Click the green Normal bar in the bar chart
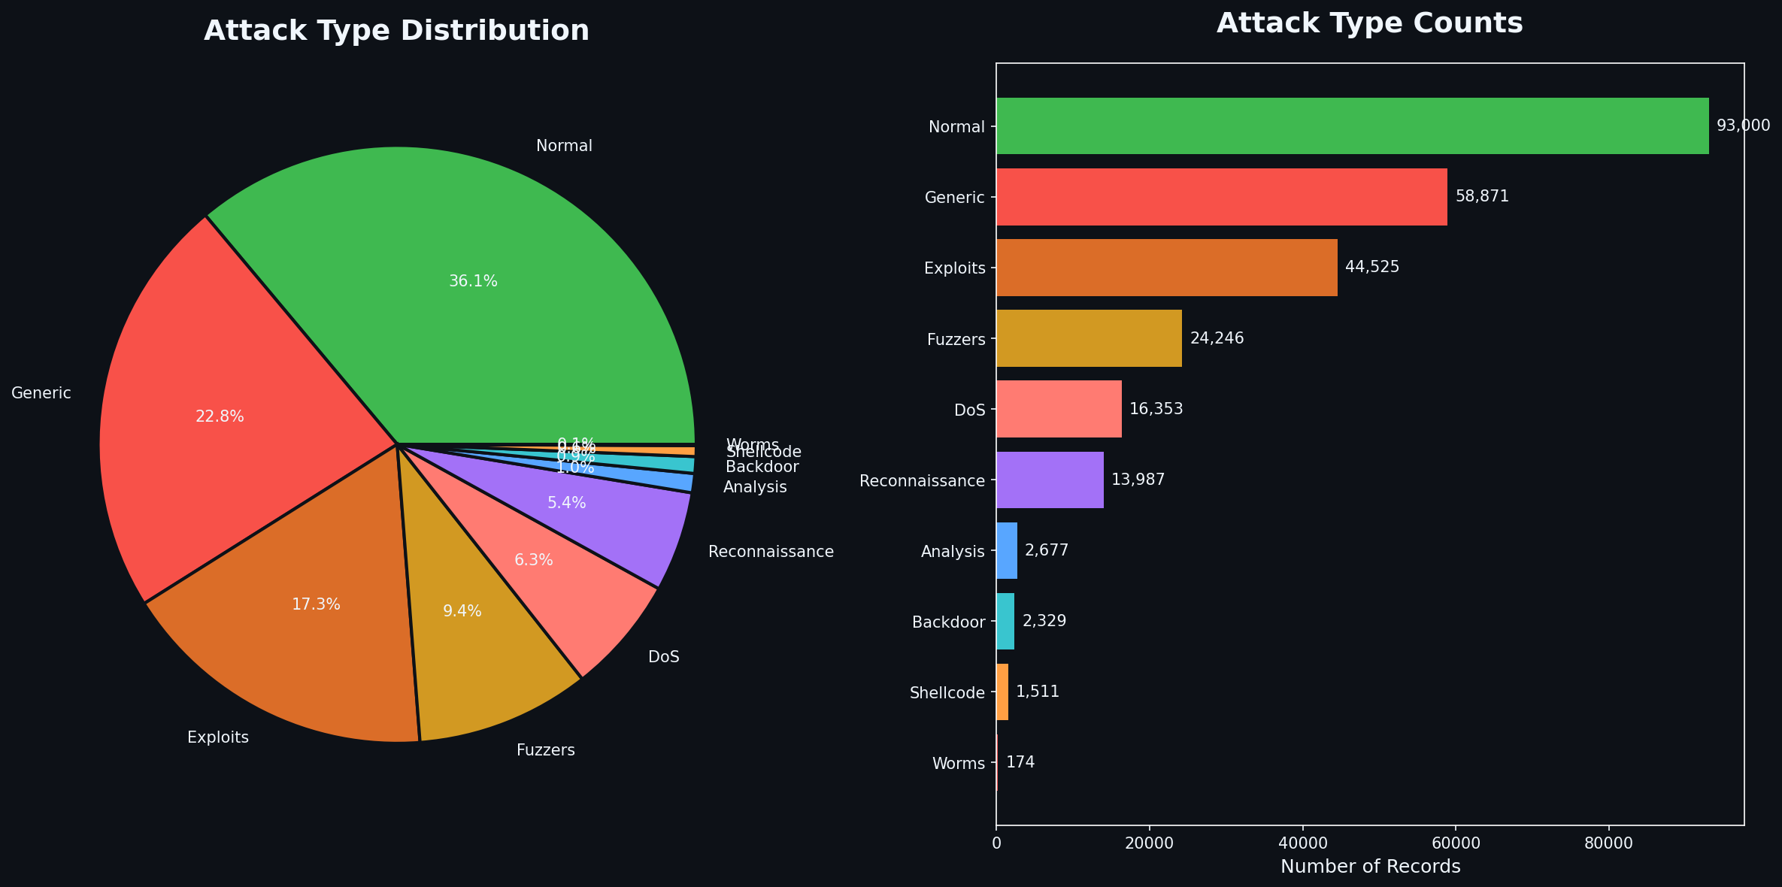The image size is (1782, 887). coord(1352,126)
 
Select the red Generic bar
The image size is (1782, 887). coord(1221,197)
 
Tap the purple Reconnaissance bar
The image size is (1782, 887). coord(1050,480)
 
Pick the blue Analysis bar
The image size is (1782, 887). coord(1007,551)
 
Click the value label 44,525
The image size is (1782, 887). coord(1372,268)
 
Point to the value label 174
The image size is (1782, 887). coord(1020,762)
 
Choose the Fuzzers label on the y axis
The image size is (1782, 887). coord(956,339)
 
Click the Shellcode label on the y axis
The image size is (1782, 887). coord(947,692)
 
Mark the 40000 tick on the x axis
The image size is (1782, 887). coord(1302,843)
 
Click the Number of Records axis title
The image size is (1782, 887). coord(1370,867)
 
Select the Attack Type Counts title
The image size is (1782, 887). coord(1369,24)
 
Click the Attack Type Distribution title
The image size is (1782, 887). coord(396,31)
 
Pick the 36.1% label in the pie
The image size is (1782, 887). coord(473,281)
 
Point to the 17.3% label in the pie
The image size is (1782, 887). coord(316,604)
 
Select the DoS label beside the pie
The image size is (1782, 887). coord(663,657)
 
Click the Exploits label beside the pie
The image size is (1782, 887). coord(218,737)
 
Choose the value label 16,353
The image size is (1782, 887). coord(1156,409)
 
